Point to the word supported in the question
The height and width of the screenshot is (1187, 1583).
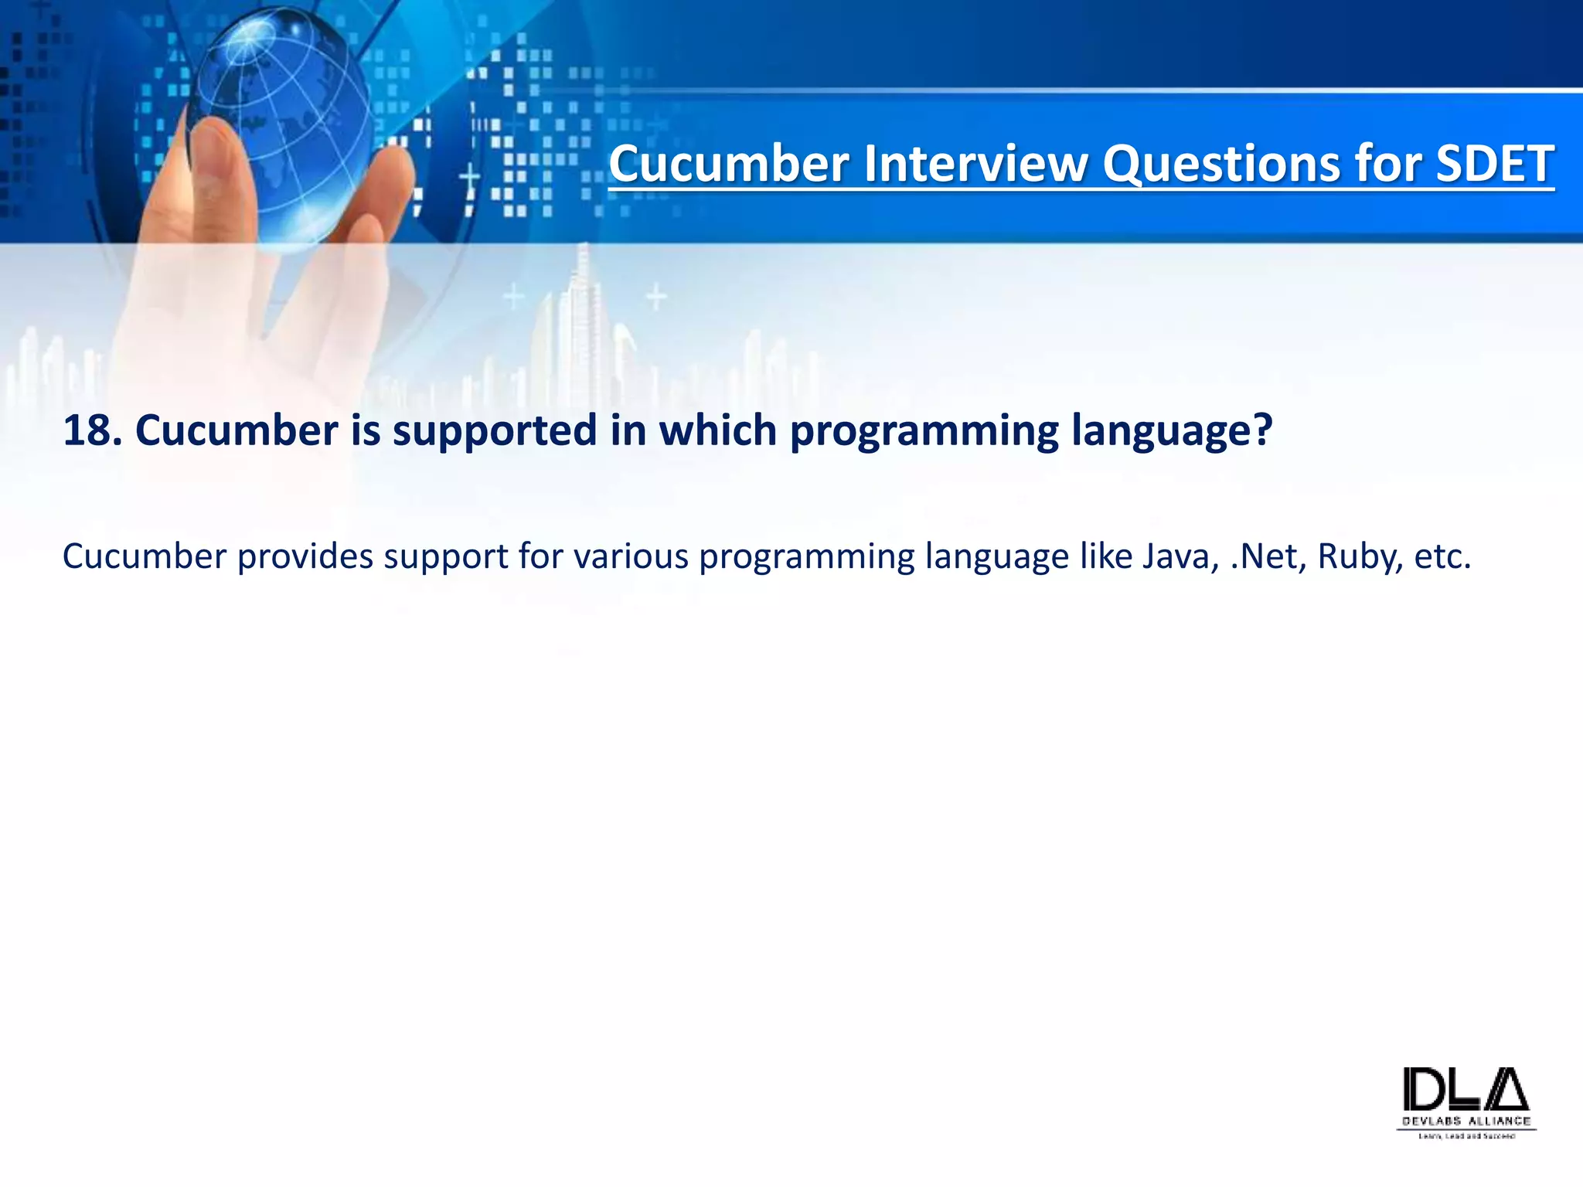[495, 430]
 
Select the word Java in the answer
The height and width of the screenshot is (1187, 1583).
[1176, 556]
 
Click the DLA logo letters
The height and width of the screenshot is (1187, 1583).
[1466, 1089]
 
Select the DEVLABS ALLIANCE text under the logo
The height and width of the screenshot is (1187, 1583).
[1466, 1121]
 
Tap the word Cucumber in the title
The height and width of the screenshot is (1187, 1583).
[729, 164]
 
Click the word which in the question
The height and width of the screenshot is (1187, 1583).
[717, 430]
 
